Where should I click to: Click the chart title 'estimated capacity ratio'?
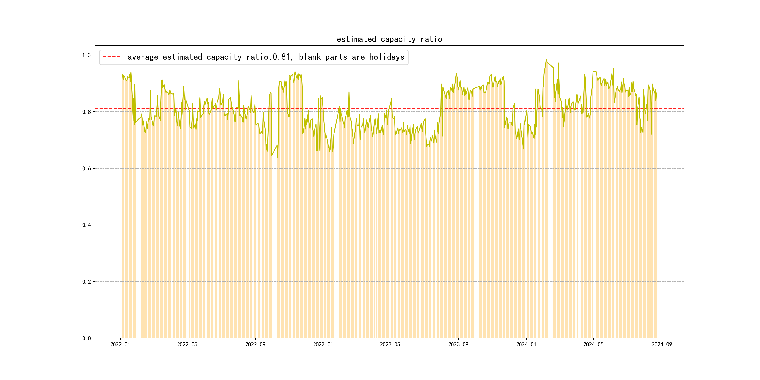pos(389,39)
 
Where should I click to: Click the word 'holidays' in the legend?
pos(387,57)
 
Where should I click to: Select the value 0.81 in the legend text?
pos(281,57)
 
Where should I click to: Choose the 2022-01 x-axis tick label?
pos(120,345)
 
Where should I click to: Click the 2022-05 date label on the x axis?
pos(187,345)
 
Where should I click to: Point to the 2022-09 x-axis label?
pos(255,345)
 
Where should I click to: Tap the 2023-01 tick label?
pos(323,345)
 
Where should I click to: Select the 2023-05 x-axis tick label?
pos(390,345)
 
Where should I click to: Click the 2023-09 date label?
pos(458,345)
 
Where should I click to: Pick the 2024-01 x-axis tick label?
pos(526,345)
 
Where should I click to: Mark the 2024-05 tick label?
pos(593,345)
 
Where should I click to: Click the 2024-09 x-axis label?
pos(662,345)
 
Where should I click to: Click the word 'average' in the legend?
pos(143,57)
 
